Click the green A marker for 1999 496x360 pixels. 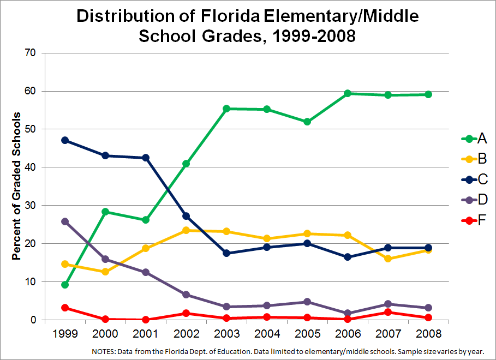[x=65, y=285]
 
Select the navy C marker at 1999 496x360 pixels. [x=65, y=140]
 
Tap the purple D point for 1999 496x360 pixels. [x=65, y=221]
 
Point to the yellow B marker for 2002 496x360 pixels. [x=187, y=230]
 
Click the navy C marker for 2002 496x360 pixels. [x=187, y=216]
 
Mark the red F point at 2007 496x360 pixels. [x=388, y=312]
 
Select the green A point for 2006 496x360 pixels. [x=348, y=93]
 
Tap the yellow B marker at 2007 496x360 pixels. [x=388, y=259]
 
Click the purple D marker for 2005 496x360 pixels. [x=307, y=302]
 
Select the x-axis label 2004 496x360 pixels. [x=267, y=333]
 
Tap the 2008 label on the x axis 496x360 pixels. [x=428, y=333]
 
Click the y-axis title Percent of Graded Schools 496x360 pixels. [x=16, y=186]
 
